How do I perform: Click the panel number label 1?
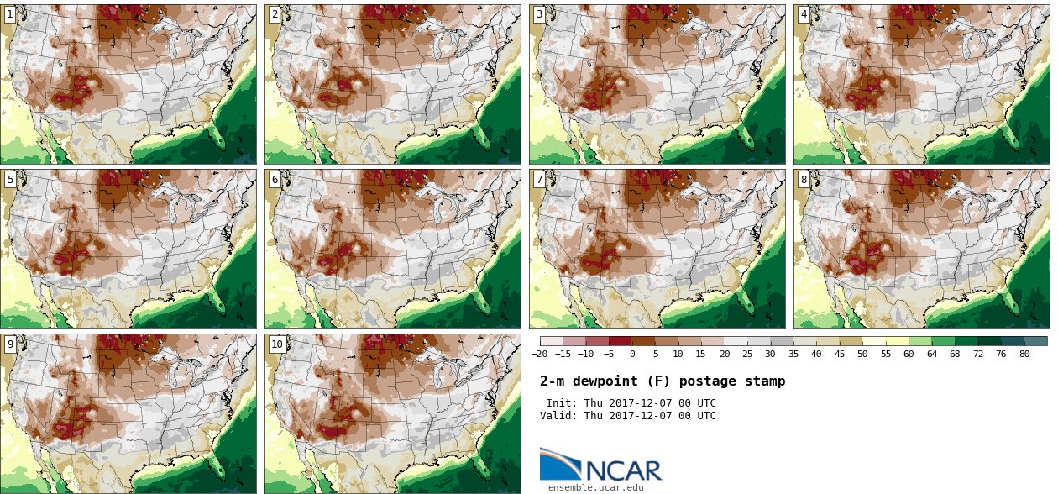10,14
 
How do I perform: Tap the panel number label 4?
804,14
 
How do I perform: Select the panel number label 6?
275,179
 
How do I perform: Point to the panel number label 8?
804,179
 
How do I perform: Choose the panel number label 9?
10,344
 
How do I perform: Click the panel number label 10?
277,344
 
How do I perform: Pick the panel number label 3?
539,14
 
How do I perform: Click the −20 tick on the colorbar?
540,354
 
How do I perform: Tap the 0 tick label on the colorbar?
632,354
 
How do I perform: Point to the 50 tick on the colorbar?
862,354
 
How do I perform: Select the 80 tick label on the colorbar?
1024,354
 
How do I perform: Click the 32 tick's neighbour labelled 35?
793,354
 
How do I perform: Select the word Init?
561,403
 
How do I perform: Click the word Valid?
558,416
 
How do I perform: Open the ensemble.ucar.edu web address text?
595,487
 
